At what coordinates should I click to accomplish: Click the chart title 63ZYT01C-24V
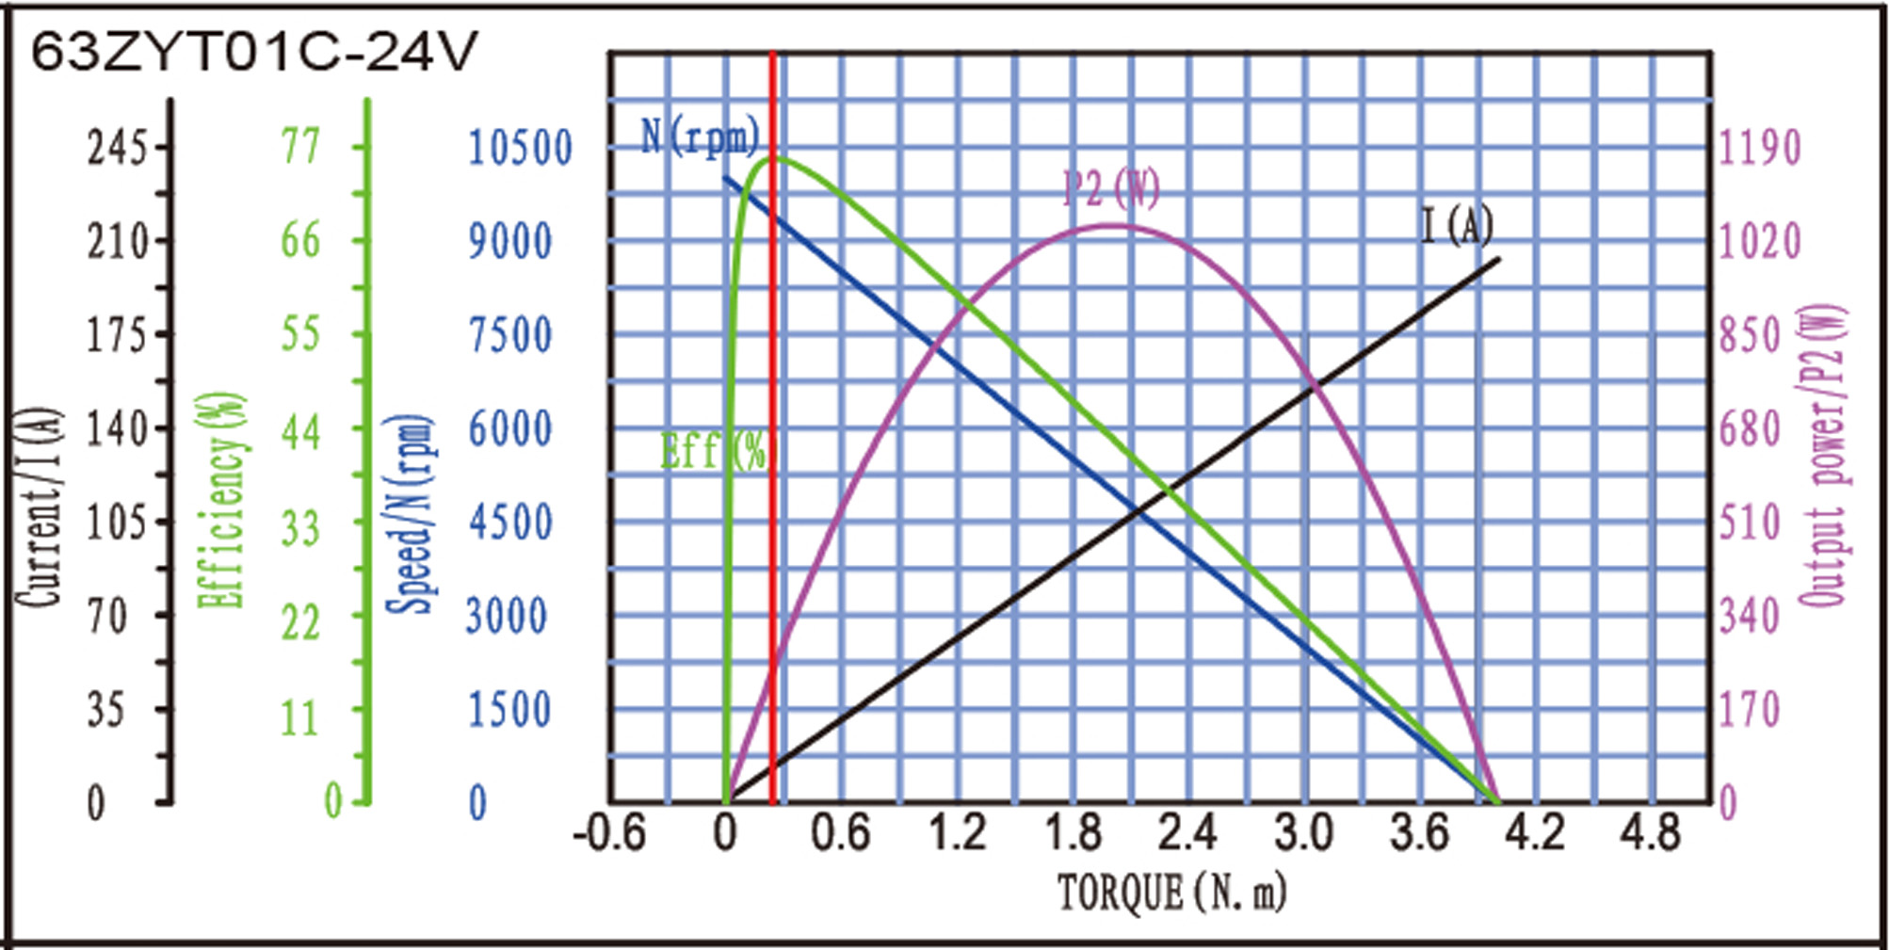pyautogui.click(x=254, y=52)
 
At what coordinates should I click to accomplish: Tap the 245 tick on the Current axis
pyautogui.click(x=118, y=148)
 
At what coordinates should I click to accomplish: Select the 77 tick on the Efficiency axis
pyautogui.click(x=300, y=147)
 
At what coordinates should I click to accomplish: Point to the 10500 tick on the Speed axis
pyautogui.click(x=520, y=148)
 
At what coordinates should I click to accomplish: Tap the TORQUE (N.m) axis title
pyautogui.click(x=1171, y=893)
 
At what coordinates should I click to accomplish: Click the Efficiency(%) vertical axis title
pyautogui.click(x=223, y=499)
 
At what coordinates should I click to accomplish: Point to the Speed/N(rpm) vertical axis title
pyautogui.click(x=412, y=513)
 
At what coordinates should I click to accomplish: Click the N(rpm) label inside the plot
pyautogui.click(x=699, y=137)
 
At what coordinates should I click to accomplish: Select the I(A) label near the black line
pyautogui.click(x=1456, y=226)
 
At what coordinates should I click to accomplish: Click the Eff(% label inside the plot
pyautogui.click(x=713, y=451)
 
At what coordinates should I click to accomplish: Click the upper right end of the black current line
pyautogui.click(x=1498, y=259)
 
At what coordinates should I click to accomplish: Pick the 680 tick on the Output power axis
pyautogui.click(x=1750, y=429)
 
